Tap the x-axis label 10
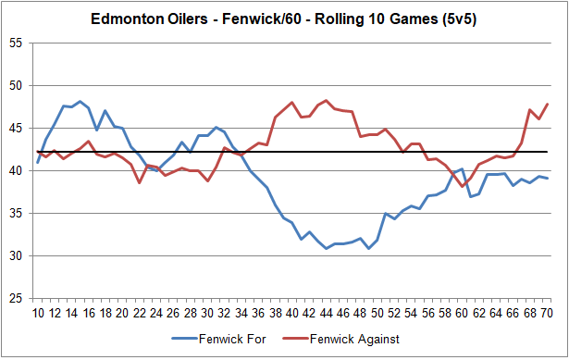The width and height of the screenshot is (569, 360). (38, 313)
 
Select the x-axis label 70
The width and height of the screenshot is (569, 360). (548, 313)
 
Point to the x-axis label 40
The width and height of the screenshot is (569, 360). (292, 313)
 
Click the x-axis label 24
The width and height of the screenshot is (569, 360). (156, 313)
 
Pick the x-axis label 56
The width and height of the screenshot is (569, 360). (428, 313)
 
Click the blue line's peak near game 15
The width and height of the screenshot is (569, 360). (80, 102)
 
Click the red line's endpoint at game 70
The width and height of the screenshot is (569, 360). (548, 104)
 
